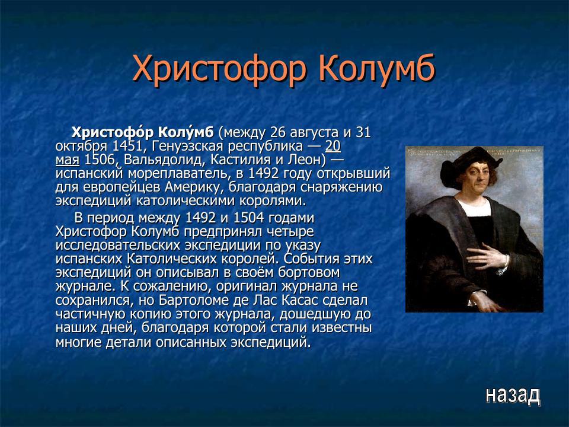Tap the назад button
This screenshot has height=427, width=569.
coord(513,394)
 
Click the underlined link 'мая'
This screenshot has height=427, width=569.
coord(68,160)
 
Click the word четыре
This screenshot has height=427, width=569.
coord(286,231)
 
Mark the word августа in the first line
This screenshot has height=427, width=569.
coord(313,132)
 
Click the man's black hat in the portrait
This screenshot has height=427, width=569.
coord(468,157)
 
